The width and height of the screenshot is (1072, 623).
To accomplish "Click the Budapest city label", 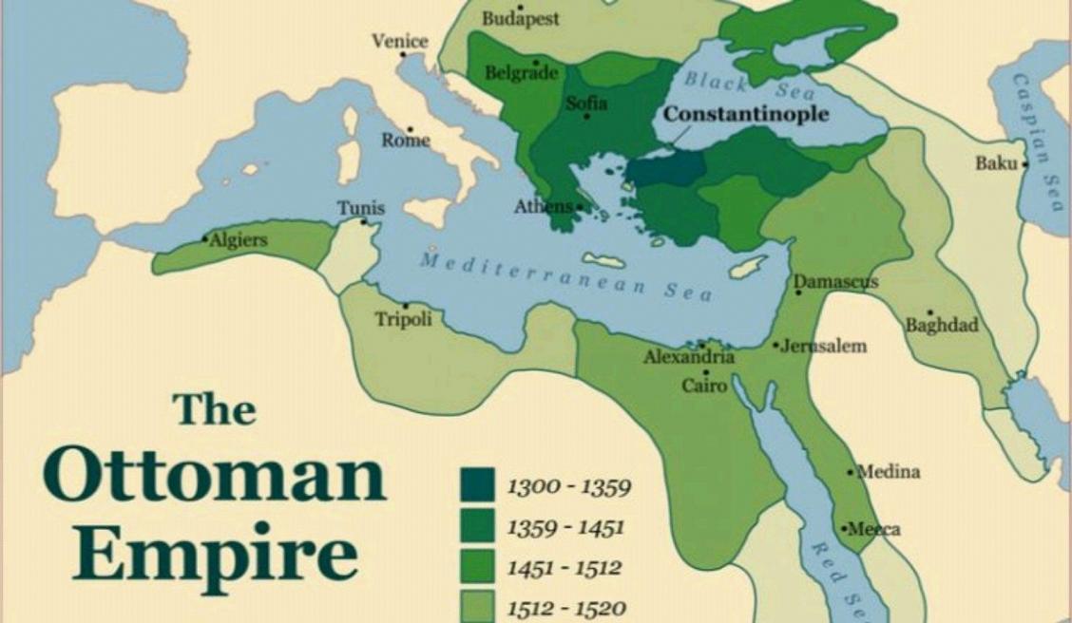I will (x=521, y=18).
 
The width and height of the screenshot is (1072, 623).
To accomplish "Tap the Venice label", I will (x=399, y=42).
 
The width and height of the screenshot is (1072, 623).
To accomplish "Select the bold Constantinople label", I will (x=746, y=114).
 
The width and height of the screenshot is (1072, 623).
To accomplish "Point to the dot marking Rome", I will (x=411, y=129).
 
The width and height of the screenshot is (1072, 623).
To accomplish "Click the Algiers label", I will (x=238, y=240).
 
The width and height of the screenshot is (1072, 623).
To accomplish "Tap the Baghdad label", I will (x=941, y=326).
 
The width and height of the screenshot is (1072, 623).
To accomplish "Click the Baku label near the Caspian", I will (x=995, y=163).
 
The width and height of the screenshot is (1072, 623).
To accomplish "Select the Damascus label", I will (x=836, y=282).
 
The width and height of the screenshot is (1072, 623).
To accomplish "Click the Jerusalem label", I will (x=825, y=346).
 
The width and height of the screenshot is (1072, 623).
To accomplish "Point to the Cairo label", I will (x=704, y=386).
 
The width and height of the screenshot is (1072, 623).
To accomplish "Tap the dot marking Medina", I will (x=852, y=471).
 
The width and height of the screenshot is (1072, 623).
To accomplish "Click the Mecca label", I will (x=874, y=529).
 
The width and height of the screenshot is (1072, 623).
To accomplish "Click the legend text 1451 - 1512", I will (x=564, y=568).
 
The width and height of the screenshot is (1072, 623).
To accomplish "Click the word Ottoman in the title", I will (x=215, y=478).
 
